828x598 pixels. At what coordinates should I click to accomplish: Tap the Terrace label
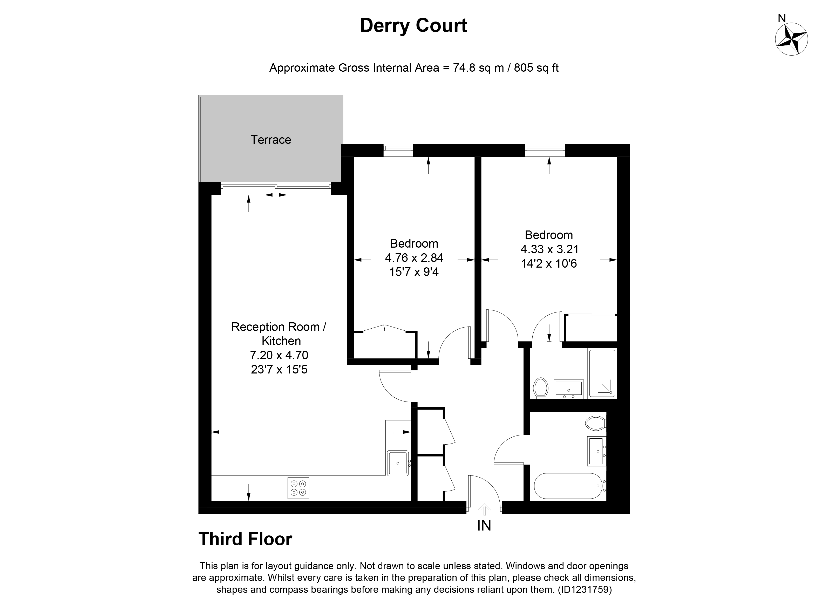coord(270,140)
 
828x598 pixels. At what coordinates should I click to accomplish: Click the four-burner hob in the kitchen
coord(298,488)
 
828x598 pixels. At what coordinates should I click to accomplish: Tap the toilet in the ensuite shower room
coord(540,388)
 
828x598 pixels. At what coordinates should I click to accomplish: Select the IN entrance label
coord(484,526)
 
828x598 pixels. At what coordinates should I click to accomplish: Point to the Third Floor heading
coord(245,539)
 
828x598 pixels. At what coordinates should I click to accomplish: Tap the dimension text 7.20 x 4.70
coord(279,355)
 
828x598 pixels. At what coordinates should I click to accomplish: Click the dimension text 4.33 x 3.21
coord(549,249)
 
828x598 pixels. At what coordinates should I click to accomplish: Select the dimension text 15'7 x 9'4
coord(414,272)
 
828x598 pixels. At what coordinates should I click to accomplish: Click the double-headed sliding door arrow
coord(276,195)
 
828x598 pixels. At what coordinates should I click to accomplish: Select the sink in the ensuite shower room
coord(569,389)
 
